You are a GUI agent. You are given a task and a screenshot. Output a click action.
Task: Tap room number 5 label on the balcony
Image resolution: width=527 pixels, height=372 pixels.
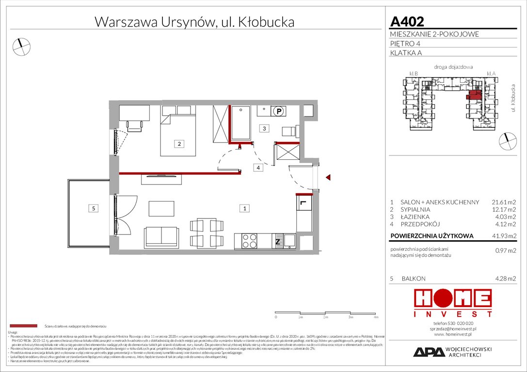[x=94, y=208]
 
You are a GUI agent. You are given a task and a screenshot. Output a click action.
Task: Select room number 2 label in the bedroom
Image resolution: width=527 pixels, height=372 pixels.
[x=179, y=143]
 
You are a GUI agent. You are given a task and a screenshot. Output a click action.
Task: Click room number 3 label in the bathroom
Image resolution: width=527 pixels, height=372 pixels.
[x=263, y=128]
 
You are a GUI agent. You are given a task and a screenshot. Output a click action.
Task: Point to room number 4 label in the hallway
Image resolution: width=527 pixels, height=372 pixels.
[x=259, y=168]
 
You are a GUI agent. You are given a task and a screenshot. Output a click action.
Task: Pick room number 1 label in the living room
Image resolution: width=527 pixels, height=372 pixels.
[x=245, y=208]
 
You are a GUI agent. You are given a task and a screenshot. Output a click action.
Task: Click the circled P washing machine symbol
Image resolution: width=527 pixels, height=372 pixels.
[x=279, y=111]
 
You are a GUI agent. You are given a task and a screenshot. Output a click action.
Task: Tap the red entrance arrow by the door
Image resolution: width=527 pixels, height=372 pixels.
[x=329, y=178]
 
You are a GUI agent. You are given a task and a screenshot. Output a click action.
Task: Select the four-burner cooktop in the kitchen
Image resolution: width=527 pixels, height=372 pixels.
[x=249, y=241]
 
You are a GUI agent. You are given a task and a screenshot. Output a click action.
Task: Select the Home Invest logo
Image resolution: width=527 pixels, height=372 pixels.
[x=452, y=303]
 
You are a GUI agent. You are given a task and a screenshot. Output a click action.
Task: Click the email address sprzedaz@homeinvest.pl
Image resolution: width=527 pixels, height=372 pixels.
[x=453, y=328]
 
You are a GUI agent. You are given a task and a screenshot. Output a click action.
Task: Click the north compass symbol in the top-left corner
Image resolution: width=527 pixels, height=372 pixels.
[x=21, y=46]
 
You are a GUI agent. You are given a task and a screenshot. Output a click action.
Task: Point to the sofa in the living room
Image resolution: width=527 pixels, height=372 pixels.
[x=161, y=236]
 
